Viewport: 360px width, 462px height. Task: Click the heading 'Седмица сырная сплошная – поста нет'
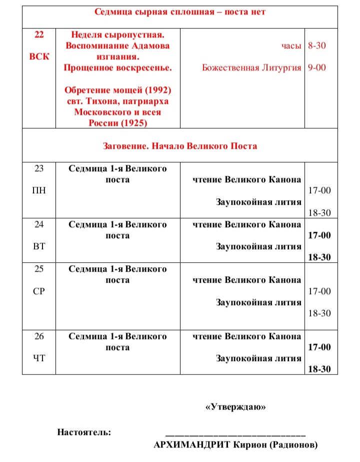pos(180,12)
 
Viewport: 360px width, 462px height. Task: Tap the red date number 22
pos(39,35)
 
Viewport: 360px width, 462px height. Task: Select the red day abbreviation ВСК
pos(39,56)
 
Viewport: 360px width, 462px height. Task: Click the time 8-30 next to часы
pos(317,46)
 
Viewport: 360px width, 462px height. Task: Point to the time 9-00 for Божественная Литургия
pos(317,68)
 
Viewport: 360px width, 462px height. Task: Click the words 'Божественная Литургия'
pos(252,68)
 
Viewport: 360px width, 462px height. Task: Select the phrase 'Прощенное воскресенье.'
pos(118,68)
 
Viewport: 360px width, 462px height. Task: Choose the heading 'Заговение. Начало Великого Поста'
pos(180,146)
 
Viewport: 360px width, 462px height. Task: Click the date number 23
pos(39,169)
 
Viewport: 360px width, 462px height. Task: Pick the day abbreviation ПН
pos(39,191)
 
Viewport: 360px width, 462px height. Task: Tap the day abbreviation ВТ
pos(39,246)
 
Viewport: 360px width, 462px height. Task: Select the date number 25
pos(39,269)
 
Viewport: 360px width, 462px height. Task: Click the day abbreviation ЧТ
pos(39,358)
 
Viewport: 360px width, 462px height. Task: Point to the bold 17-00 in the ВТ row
pos(319,235)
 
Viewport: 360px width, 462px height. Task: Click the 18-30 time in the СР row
pos(319,314)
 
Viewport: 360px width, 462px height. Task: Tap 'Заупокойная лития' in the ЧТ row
pos(258,358)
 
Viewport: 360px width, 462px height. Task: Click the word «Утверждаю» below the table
pos(235,408)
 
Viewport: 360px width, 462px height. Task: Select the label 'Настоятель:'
pos(84,433)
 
